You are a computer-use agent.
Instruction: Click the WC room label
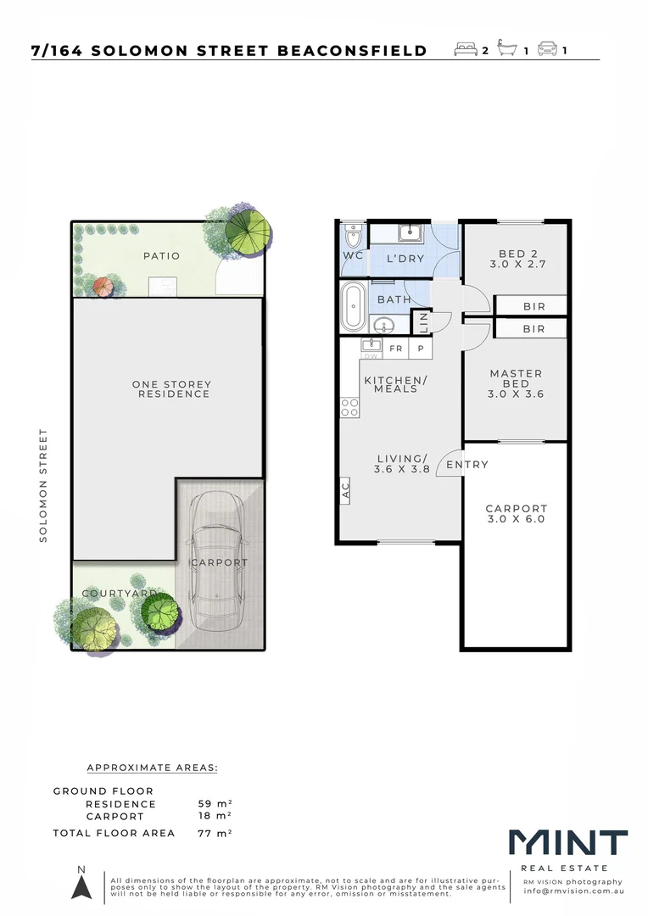click(352, 255)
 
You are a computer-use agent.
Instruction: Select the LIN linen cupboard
click(422, 322)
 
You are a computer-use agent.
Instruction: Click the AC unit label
click(345, 490)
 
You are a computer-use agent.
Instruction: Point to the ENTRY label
click(467, 465)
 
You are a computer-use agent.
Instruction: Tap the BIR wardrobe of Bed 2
click(533, 306)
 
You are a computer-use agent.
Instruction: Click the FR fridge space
click(395, 349)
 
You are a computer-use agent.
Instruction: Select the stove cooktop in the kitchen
click(349, 408)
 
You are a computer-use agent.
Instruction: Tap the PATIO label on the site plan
click(161, 255)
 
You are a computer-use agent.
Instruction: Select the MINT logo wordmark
click(568, 844)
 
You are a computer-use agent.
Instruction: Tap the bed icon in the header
click(466, 50)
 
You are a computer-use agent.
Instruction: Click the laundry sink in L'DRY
click(411, 233)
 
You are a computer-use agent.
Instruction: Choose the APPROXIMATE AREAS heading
click(153, 768)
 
